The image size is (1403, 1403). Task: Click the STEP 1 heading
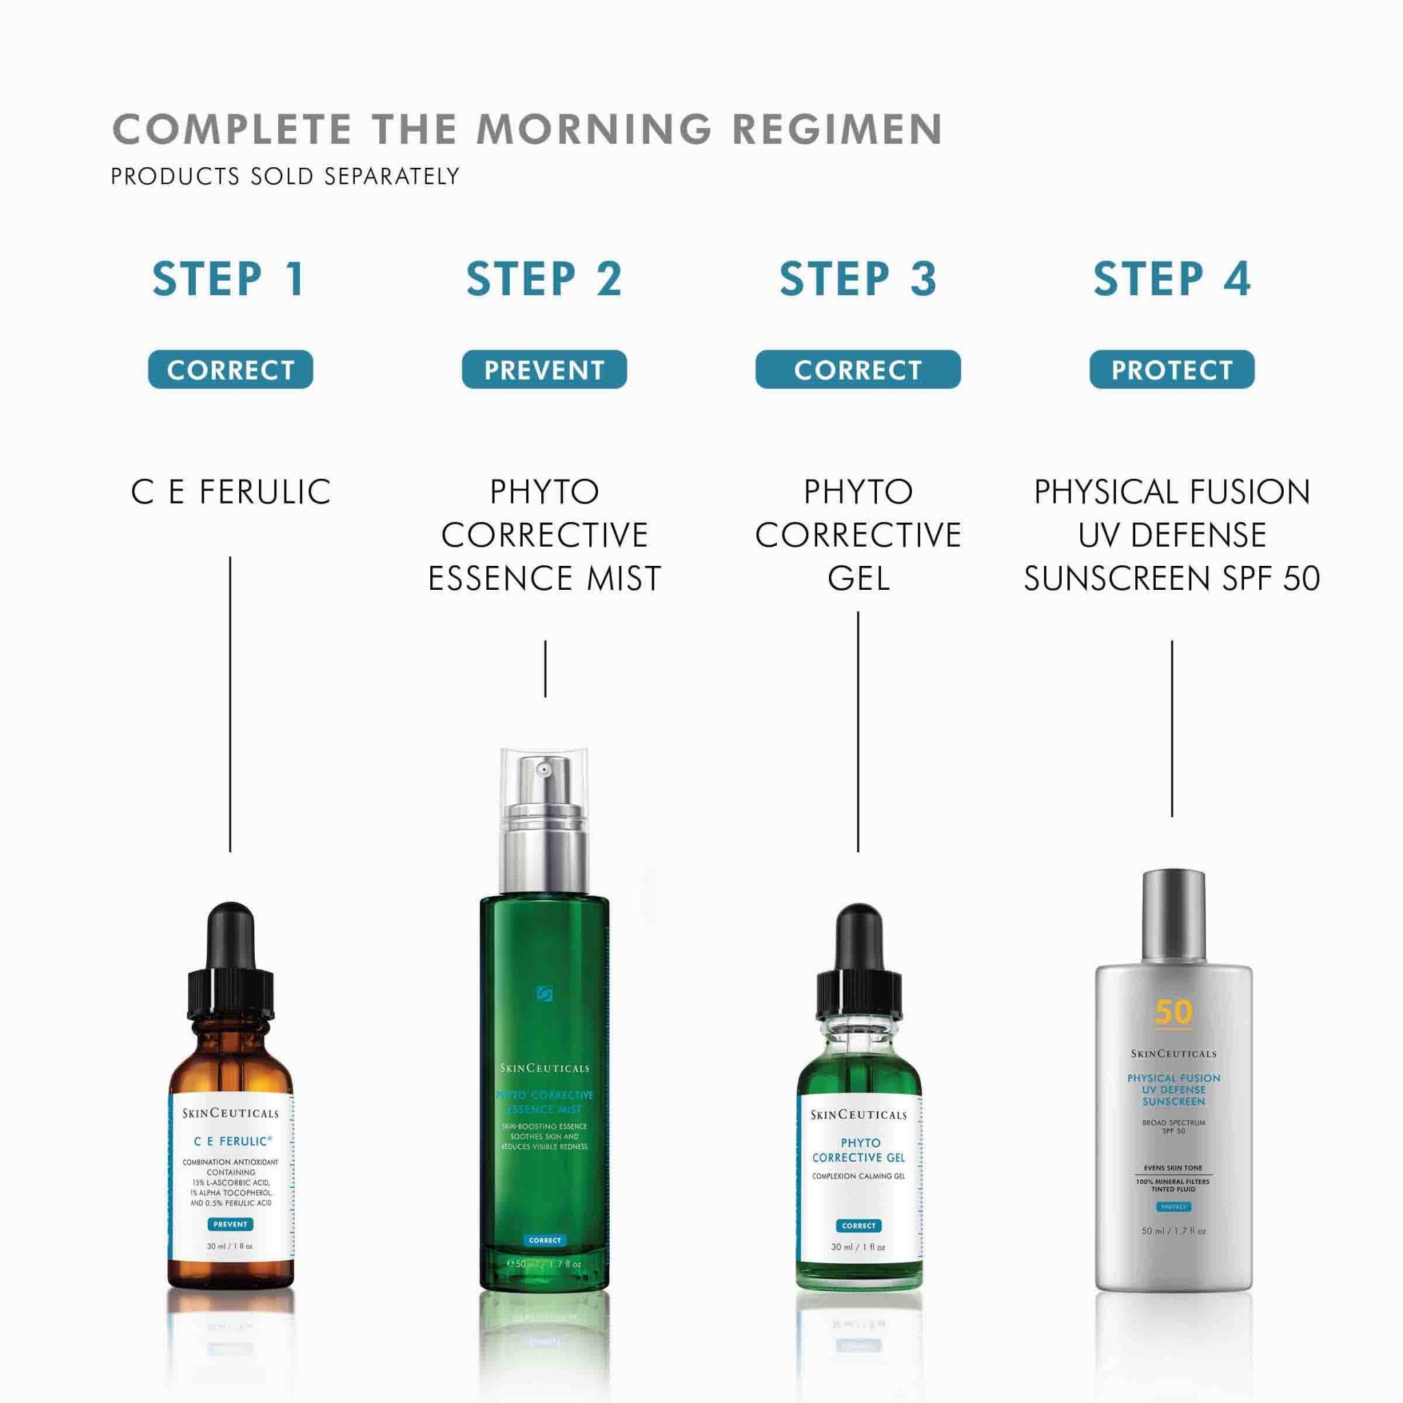point(229,279)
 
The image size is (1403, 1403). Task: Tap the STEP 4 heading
point(1171,279)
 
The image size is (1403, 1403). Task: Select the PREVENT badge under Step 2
point(544,370)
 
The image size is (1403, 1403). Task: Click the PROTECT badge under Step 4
point(1171,370)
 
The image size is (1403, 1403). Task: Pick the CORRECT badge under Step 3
point(858,370)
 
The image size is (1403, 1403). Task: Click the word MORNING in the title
point(594,129)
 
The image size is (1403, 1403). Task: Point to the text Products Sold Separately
point(285,177)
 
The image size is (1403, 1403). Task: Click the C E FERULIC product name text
point(230,493)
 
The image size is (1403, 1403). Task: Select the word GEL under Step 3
point(858,579)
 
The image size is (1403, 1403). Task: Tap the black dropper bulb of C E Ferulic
point(231,936)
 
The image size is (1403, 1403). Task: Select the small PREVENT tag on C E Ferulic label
point(230,1224)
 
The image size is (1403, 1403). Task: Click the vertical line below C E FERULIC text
point(230,704)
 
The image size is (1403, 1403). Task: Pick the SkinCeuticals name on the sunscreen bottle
point(1173,1054)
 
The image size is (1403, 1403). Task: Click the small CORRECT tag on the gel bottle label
point(858,1226)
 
